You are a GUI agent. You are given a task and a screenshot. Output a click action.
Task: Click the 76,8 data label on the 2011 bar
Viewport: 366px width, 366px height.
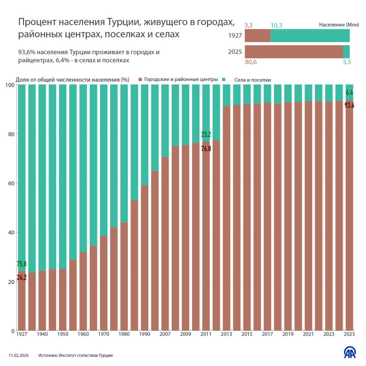click(206, 149)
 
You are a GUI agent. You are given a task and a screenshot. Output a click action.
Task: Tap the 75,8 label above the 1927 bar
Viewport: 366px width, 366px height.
click(22, 264)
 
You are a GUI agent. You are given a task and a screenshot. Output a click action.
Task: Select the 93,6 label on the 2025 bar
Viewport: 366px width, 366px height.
click(349, 106)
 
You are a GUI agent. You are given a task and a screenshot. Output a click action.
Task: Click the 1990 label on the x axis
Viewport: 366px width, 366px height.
click(144, 334)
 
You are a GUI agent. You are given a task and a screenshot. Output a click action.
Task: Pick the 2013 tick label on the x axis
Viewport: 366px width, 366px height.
click(226, 334)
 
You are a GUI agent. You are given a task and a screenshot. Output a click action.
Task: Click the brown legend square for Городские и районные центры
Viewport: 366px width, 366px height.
click(140, 79)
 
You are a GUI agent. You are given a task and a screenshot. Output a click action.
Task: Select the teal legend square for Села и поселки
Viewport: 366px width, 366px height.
click(224, 79)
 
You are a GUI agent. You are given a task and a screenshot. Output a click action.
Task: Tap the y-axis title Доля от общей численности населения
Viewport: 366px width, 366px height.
click(72, 80)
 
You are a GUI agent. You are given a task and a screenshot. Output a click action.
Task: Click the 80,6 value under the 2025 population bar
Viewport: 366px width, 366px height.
click(251, 62)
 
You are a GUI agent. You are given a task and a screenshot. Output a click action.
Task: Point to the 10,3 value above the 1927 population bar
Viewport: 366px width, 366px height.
click(276, 25)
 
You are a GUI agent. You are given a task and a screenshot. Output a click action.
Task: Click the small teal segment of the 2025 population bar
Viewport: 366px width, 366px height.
click(346, 52)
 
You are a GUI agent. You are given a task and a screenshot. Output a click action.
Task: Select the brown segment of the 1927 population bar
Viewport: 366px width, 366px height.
click(258, 36)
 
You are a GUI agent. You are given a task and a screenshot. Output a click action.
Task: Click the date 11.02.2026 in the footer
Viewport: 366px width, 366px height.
click(19, 356)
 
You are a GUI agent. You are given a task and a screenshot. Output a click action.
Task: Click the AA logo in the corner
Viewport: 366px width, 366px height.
click(350, 352)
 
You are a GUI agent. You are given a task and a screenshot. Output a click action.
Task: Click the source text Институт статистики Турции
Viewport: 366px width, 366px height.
click(86, 356)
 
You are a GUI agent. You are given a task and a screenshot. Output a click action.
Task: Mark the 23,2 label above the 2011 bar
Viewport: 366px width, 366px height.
click(206, 134)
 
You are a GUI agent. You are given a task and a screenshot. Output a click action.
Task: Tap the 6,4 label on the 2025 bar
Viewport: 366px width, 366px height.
click(349, 93)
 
